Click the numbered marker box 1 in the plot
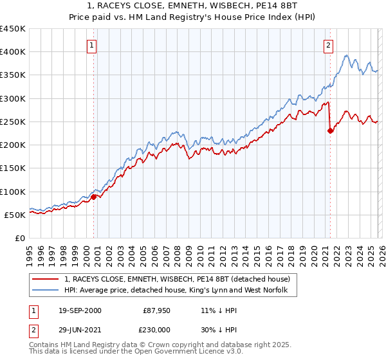pos(93,45)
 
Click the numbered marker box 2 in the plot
pos(329,45)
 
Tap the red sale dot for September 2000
pos(93,197)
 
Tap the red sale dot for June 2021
pos(330,130)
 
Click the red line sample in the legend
pos(46,279)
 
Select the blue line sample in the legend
pos(46,291)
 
